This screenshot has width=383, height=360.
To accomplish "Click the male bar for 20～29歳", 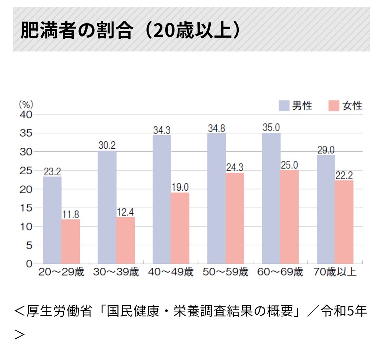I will (x=52, y=220).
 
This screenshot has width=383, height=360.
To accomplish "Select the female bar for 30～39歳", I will (x=126, y=240).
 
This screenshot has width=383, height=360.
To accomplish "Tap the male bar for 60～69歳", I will (x=271, y=198).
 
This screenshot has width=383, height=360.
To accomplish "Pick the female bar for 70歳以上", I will (x=344, y=222).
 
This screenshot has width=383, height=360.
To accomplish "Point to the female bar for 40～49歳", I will (x=180, y=228).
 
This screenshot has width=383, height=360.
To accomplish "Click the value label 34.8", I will (x=216, y=128).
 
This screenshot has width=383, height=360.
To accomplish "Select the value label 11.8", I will (x=70, y=214).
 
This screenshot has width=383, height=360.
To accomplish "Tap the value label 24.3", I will (x=235, y=168).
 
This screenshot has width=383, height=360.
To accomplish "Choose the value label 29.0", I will (x=326, y=150).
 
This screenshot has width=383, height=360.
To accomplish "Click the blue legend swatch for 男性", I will (x=284, y=105).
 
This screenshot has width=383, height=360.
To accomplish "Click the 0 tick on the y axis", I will (x=28, y=264).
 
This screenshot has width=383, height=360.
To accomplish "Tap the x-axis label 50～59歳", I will (x=226, y=273).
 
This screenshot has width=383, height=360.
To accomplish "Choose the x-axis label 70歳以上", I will (x=335, y=273).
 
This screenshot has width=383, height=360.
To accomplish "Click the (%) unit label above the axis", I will (x=26, y=104).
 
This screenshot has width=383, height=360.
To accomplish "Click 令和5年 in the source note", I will (x=344, y=311).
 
